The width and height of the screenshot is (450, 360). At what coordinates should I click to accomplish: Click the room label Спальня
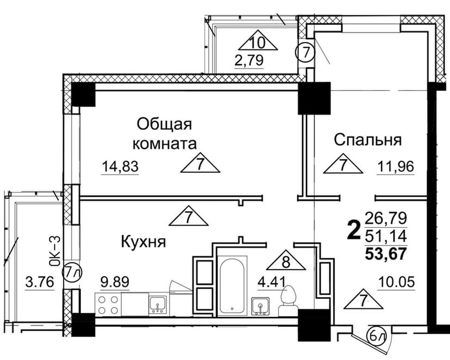coord(367,140)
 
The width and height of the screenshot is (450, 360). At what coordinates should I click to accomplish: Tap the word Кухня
coord(143,242)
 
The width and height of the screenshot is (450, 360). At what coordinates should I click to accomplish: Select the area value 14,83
coord(120,166)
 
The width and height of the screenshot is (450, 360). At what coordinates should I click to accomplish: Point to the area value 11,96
coord(396,166)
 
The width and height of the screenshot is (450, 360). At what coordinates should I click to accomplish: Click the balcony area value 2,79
coord(249,60)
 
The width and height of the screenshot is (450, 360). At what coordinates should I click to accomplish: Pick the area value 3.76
coord(40,282)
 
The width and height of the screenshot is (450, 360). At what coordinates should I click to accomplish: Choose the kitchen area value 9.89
coord(115,282)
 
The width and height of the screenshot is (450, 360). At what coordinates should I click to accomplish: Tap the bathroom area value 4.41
coord(272,282)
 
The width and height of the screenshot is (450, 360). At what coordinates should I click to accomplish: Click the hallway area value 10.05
coord(397,282)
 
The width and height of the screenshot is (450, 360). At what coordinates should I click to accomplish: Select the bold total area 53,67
coord(386,254)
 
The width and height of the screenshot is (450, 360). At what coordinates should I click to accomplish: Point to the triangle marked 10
coord(258,43)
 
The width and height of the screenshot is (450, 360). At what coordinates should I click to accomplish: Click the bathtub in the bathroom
coord(232,285)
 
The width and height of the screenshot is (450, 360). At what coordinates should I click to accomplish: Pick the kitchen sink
coord(157,305)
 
